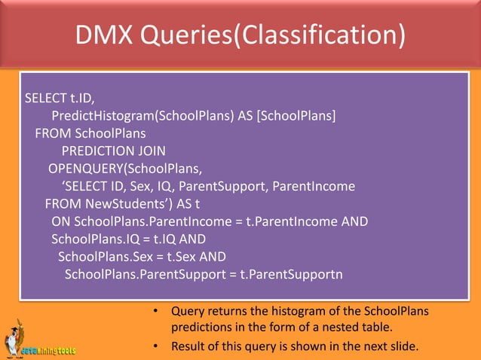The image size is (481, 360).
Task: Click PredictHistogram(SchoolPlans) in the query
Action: pos(143,115)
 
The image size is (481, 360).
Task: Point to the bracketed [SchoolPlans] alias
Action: pos(297,115)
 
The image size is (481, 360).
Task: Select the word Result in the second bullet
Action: pos(189,346)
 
